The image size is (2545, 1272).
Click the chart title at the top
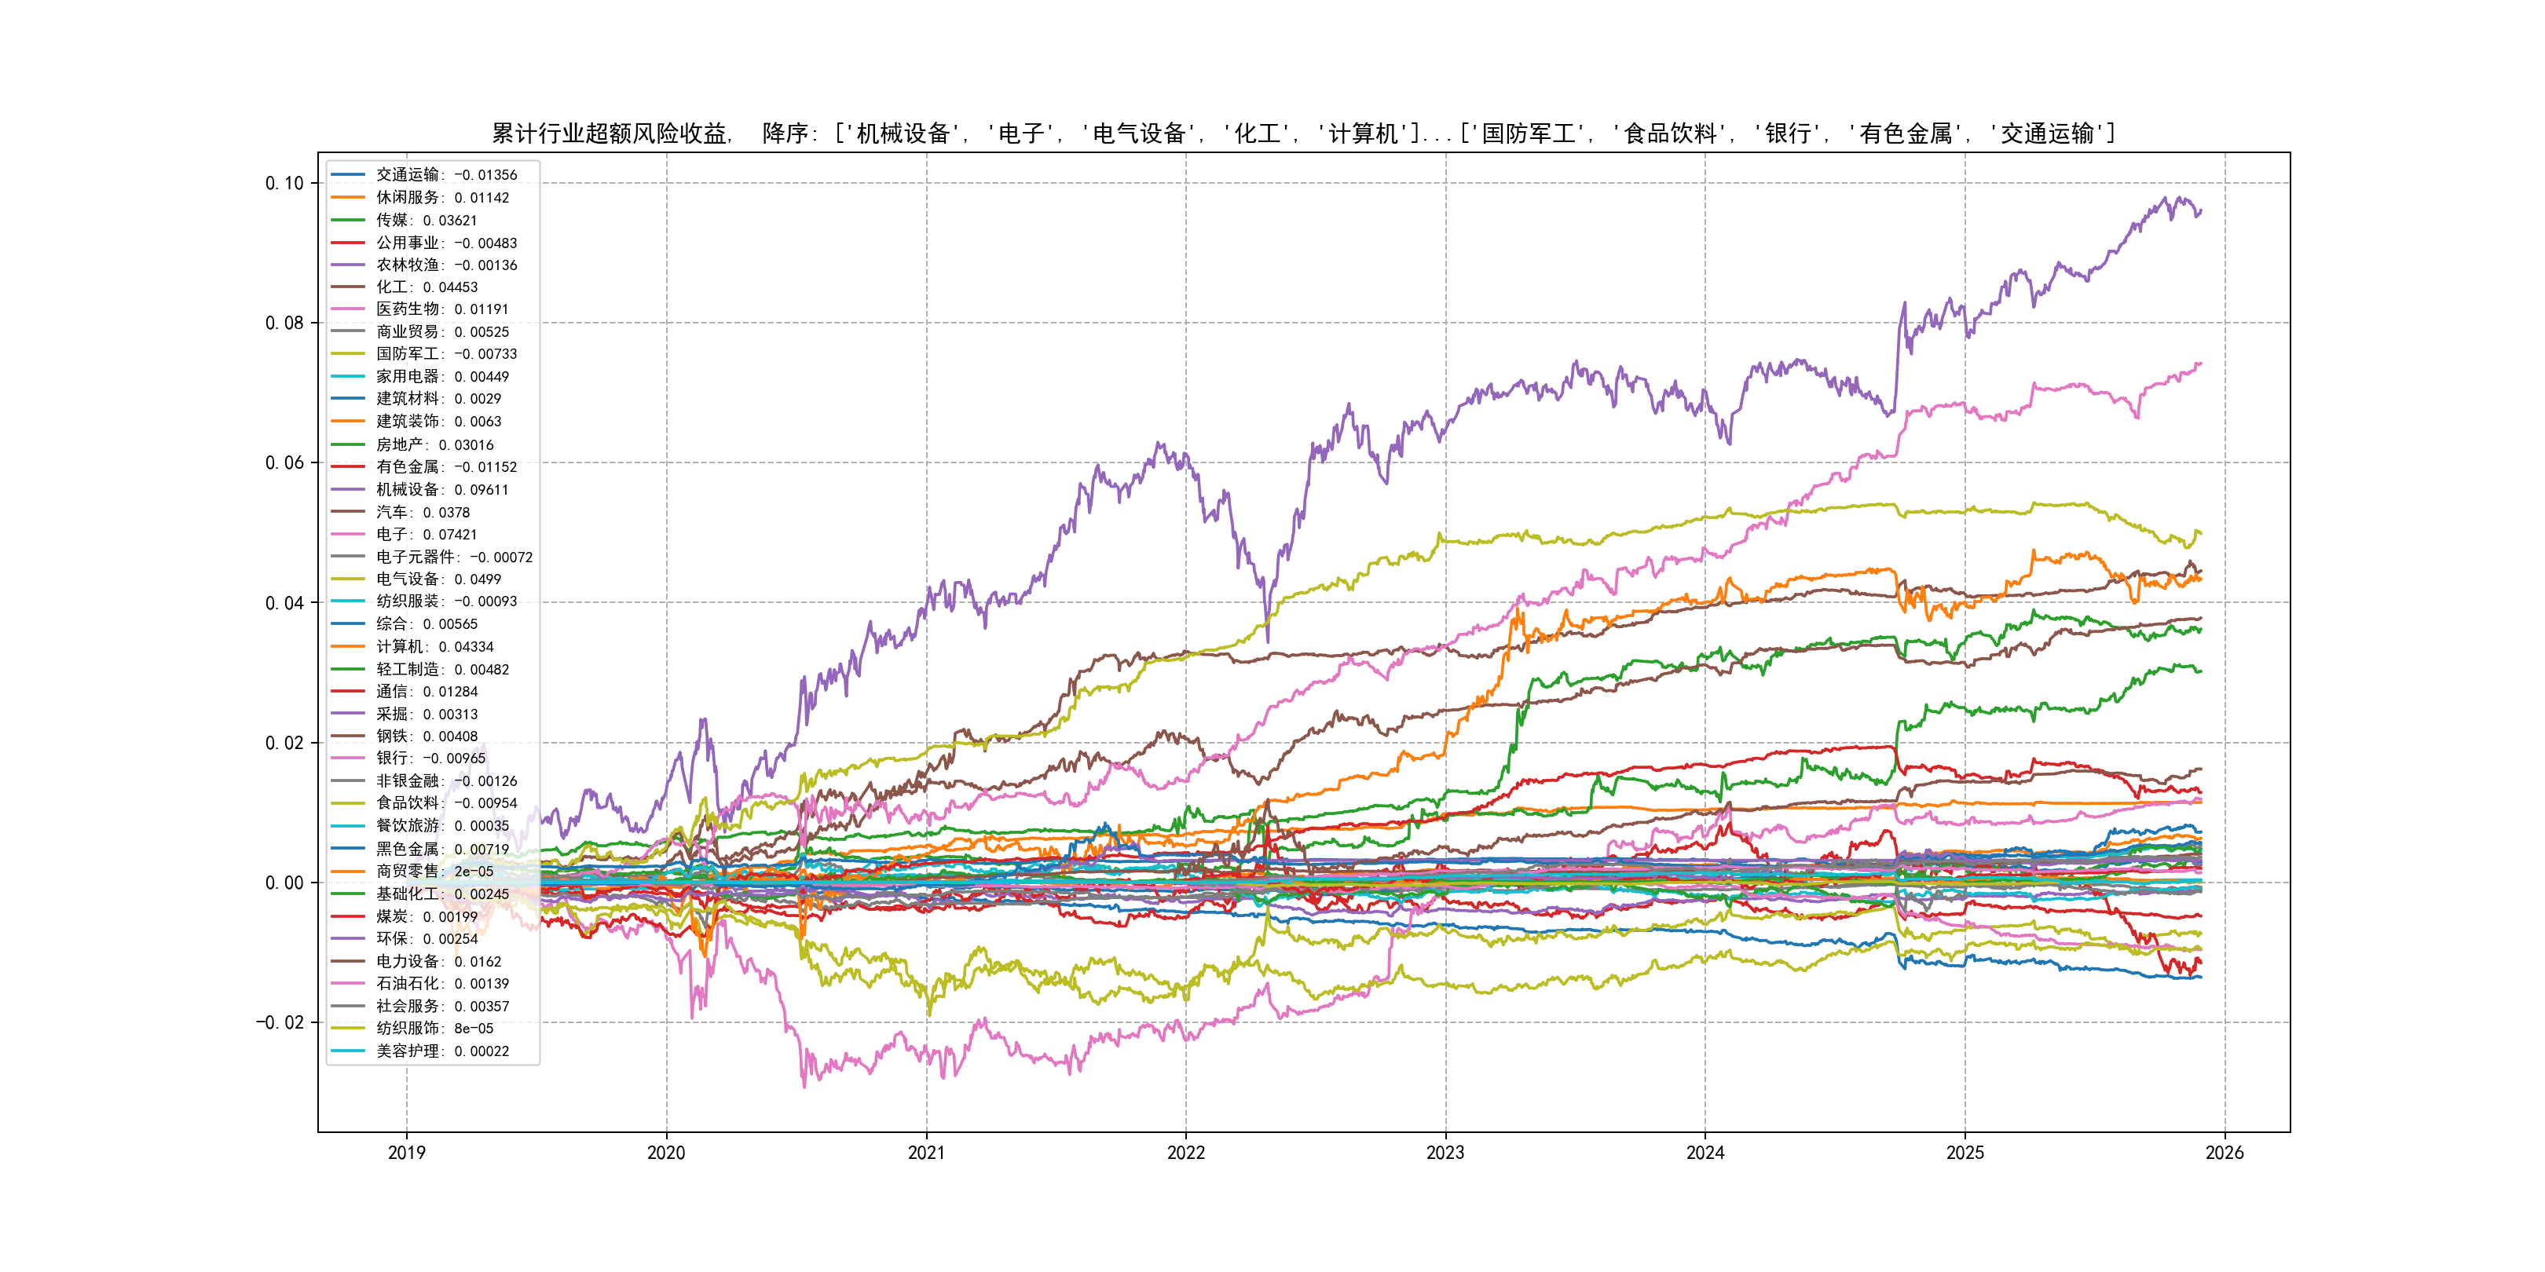[x=1303, y=133]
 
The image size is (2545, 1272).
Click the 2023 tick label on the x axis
[x=1445, y=1153]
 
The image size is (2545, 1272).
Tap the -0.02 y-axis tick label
[x=280, y=1022]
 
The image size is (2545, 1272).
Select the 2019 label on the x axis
[x=406, y=1153]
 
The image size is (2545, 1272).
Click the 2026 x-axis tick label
[x=2225, y=1153]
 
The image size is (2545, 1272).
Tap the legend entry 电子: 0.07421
[x=426, y=534]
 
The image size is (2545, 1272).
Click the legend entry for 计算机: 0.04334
[x=434, y=647]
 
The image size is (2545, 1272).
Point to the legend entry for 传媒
[x=426, y=220]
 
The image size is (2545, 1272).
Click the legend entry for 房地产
[x=434, y=444]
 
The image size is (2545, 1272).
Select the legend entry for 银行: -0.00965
[x=430, y=758]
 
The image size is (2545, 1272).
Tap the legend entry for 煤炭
[x=426, y=916]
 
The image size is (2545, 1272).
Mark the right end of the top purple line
[x=2201, y=210]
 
